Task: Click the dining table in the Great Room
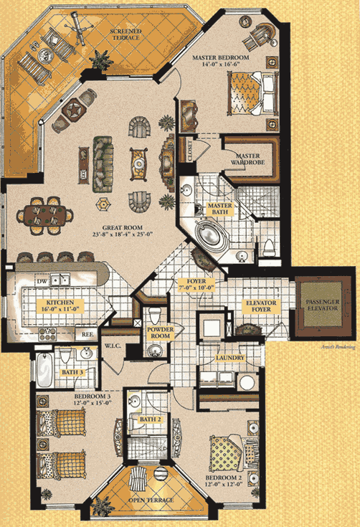49,212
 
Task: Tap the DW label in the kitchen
42,283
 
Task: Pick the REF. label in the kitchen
86,333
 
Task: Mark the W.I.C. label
114,345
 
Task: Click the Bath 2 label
149,419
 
